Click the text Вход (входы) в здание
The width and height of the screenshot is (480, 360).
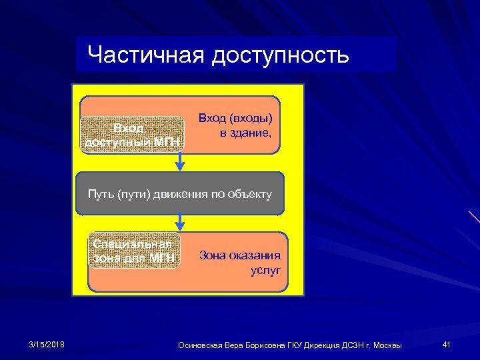(237, 125)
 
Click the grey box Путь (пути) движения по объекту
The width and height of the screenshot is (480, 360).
(180, 194)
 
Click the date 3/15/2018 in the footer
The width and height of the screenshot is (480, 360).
(47, 344)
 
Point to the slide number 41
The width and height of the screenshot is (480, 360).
(447, 344)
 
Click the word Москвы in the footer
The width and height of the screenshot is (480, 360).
(387, 345)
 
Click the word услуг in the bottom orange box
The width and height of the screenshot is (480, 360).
(265, 270)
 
